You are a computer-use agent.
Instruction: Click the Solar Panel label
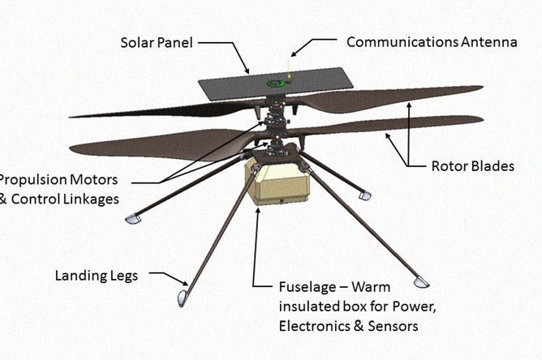pyautogui.click(x=157, y=43)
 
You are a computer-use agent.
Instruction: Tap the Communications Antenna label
pyautogui.click(x=432, y=42)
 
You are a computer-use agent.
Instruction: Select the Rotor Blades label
pyautogui.click(x=472, y=166)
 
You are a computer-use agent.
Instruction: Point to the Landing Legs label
pyautogui.click(x=97, y=276)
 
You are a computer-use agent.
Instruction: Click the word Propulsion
pyautogui.click(x=58, y=180)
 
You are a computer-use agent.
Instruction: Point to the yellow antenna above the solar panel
pyautogui.click(x=288, y=70)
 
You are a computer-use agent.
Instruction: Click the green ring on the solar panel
pyautogui.click(x=276, y=84)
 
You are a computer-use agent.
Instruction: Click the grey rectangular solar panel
pyautogui.click(x=276, y=84)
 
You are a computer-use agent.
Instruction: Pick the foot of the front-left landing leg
pyautogui.click(x=183, y=298)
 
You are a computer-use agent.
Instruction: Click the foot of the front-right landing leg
pyautogui.click(x=421, y=282)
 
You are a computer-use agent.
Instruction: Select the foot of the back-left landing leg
pyautogui.click(x=132, y=219)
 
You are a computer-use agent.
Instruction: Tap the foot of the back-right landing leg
pyautogui.click(x=364, y=195)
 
